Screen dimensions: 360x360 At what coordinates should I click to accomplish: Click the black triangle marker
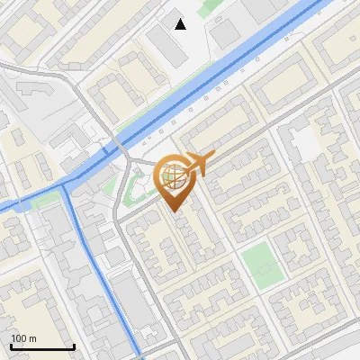(x=181, y=23)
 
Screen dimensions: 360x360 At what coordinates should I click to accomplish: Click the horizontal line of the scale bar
(x=42, y=347)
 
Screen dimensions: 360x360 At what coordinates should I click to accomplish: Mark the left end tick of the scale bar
(x=11, y=346)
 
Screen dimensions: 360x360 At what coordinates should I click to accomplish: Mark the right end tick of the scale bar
(x=74, y=346)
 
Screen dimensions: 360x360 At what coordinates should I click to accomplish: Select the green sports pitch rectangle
(x=260, y=265)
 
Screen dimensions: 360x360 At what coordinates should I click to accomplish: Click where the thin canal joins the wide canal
(x=68, y=184)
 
